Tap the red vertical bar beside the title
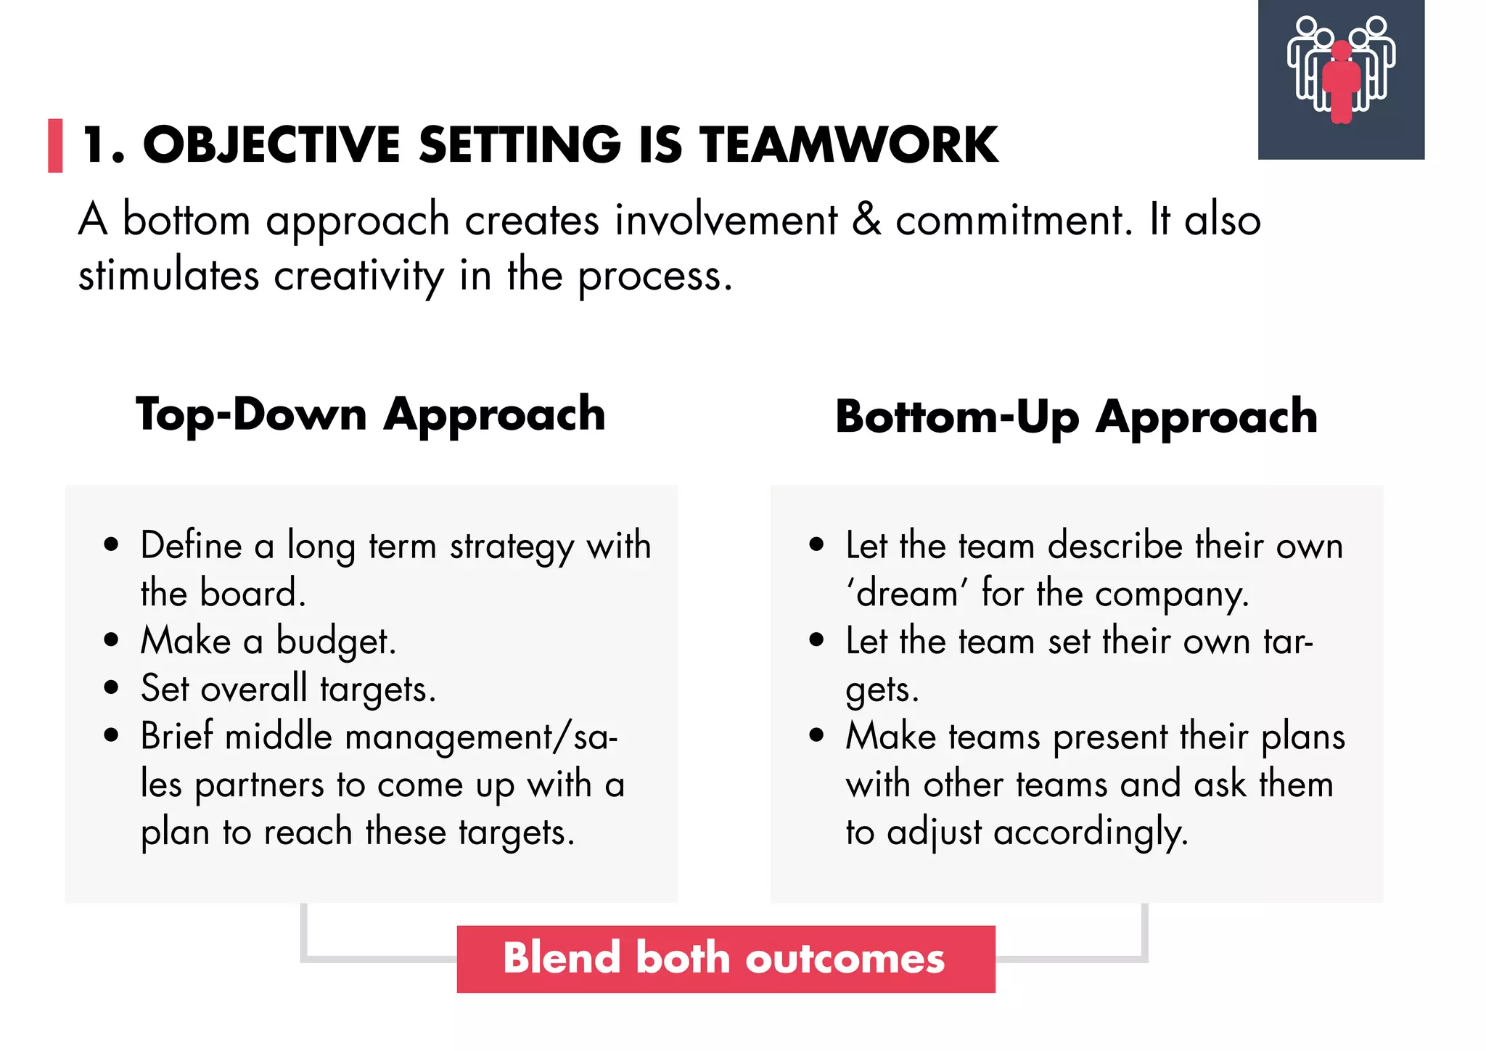pyautogui.click(x=55, y=145)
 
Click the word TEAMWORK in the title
pyautogui.click(x=848, y=144)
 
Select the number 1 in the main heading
pyautogui.click(x=97, y=144)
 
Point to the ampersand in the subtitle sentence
pyautogui.click(x=866, y=219)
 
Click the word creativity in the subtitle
pyautogui.click(x=358, y=276)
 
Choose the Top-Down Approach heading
pyautogui.click(x=370, y=414)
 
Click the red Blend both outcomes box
pyautogui.click(x=726, y=959)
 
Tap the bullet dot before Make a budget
pyautogui.click(x=111, y=640)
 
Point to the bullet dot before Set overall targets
pyautogui.click(x=111, y=687)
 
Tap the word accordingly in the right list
pyautogui.click(x=1090, y=833)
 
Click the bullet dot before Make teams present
pyautogui.click(x=816, y=735)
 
